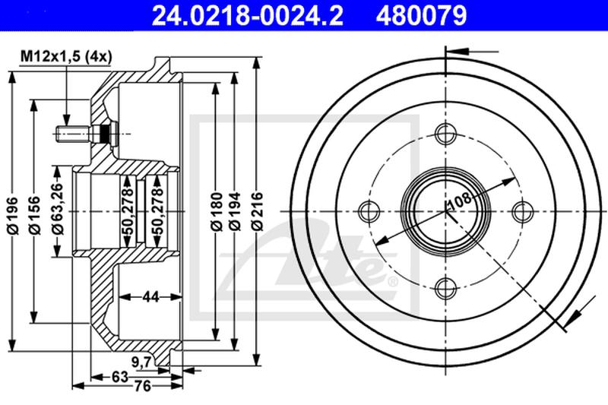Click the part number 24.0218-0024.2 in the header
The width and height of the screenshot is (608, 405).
[x=248, y=15]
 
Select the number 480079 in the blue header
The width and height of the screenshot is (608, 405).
[x=421, y=15]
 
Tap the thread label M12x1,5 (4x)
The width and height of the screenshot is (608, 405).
[x=66, y=56]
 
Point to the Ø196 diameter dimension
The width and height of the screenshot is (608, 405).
[x=13, y=215]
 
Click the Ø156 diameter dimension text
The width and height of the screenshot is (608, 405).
[x=35, y=215]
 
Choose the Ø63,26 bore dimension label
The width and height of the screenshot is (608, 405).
[x=58, y=208]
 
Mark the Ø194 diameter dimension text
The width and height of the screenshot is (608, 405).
[x=234, y=211]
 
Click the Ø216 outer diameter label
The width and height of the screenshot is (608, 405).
[x=257, y=211]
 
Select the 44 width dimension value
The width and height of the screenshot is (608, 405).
[x=150, y=297]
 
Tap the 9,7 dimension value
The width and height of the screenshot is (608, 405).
[x=141, y=362]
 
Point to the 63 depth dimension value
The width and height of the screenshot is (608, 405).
[x=120, y=376]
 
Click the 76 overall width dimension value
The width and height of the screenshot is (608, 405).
[x=142, y=386]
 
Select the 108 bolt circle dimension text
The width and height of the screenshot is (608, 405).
[x=460, y=200]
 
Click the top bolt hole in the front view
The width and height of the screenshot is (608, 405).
[x=445, y=134]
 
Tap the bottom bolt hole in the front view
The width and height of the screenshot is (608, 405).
[x=445, y=288]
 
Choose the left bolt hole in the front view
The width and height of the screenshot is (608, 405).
[x=369, y=210]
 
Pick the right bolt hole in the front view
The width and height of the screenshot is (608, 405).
[x=522, y=210]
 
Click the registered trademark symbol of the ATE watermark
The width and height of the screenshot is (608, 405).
[x=392, y=281]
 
